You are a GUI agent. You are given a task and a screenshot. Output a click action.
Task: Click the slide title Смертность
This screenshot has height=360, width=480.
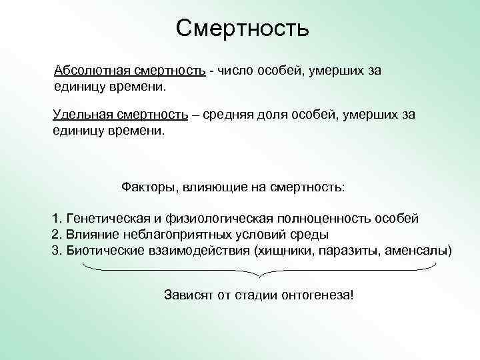[x=243, y=28]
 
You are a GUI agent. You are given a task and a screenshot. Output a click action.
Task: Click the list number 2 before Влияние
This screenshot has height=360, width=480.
[x=55, y=235]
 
